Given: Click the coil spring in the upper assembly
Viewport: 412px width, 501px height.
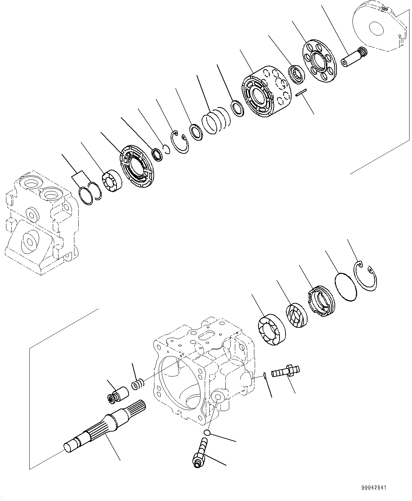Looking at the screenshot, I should click(x=216, y=122).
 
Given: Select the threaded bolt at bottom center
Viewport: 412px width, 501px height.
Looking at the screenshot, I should click(x=201, y=453).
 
